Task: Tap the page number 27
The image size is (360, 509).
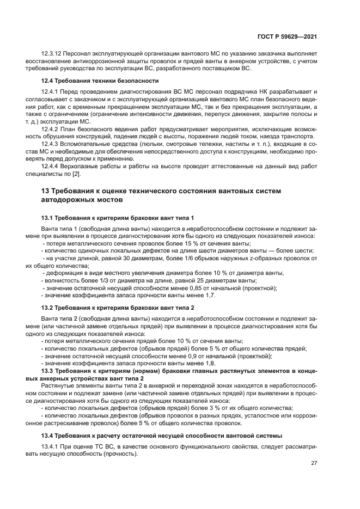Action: [x=314, y=463]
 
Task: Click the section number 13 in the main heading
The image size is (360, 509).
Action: [x=46, y=191]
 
